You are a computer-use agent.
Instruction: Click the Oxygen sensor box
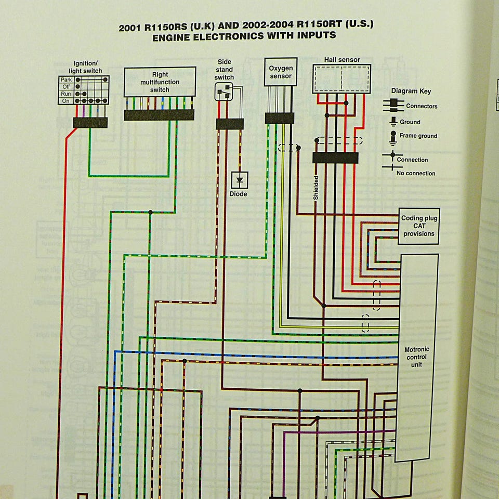click(281, 72)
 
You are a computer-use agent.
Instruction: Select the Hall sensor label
click(342, 60)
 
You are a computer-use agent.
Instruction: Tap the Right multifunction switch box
click(160, 82)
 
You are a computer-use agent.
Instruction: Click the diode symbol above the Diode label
click(240, 180)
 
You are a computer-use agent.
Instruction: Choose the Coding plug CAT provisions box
click(418, 226)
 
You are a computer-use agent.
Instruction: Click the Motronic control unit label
click(415, 357)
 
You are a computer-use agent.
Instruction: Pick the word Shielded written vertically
click(316, 188)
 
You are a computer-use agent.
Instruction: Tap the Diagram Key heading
click(411, 91)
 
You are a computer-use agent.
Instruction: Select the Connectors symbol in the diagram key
click(393, 106)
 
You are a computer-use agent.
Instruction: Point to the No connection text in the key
click(416, 173)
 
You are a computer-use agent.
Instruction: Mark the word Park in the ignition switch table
click(66, 80)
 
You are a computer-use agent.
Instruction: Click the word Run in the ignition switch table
click(66, 94)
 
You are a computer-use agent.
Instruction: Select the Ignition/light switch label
click(85, 67)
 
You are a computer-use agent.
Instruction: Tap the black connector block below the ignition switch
click(90, 123)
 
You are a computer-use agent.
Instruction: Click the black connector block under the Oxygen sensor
click(280, 118)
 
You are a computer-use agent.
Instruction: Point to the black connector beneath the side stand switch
click(229, 124)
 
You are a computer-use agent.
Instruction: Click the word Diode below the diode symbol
click(238, 194)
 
